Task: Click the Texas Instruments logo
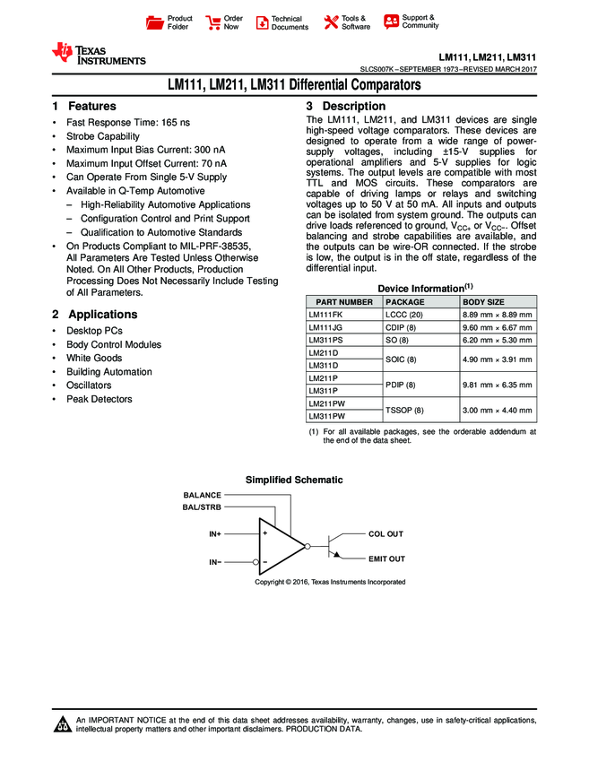(x=99, y=54)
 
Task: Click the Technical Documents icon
(x=262, y=22)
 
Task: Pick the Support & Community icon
(x=391, y=22)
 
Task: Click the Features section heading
(x=83, y=106)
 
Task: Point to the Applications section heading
(x=94, y=315)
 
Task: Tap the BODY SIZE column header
(x=483, y=302)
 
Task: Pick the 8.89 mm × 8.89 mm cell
(x=497, y=316)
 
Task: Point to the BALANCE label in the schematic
(x=202, y=495)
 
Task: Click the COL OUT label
(x=385, y=534)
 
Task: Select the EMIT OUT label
(x=386, y=559)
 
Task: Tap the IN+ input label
(x=215, y=534)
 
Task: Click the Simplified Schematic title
(x=293, y=481)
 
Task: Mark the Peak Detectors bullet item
(x=99, y=399)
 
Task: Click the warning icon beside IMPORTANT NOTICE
(x=63, y=724)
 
